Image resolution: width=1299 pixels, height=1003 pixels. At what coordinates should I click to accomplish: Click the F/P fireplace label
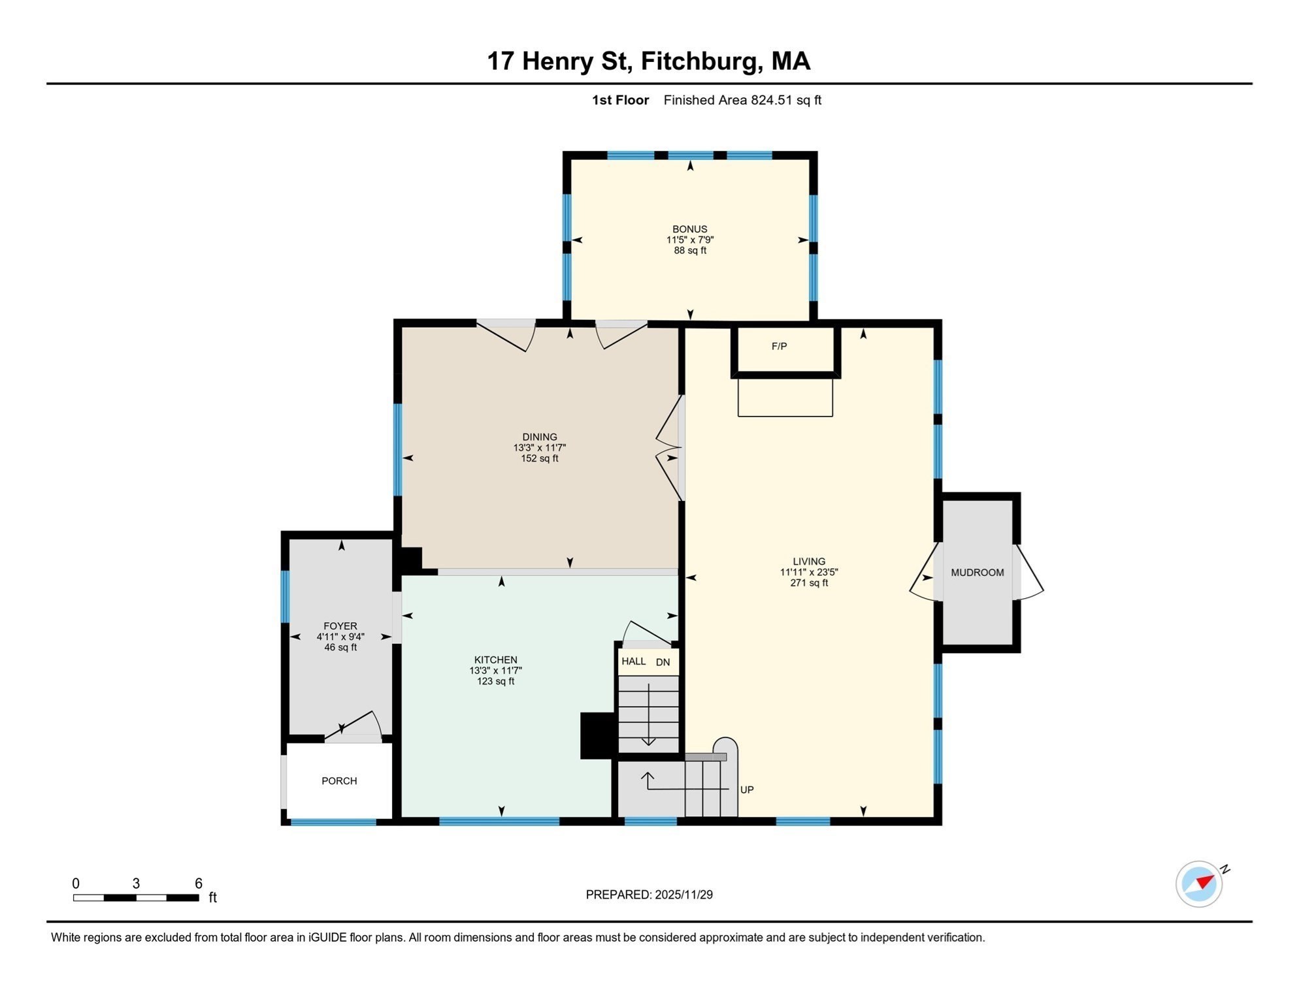779,347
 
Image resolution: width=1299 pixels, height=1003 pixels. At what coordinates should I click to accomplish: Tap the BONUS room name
689,229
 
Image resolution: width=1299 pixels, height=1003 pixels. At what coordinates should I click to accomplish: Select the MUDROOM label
977,573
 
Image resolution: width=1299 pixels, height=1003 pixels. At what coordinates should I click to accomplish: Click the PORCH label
339,781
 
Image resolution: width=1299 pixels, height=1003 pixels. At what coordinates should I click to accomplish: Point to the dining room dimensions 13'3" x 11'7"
539,448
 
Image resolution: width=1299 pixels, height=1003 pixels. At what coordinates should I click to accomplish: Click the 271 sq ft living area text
808,583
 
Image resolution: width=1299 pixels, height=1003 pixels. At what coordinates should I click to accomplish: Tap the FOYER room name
340,626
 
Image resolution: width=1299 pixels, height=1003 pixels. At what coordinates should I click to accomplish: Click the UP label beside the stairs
747,790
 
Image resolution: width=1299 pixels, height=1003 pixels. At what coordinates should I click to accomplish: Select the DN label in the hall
663,662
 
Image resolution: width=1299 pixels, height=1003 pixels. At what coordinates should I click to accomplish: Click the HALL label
633,661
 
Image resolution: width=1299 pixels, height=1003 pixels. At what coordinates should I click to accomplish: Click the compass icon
1198,884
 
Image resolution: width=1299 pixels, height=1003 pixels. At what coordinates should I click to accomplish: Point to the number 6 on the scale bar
199,884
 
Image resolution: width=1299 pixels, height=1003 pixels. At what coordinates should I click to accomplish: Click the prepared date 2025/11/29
683,895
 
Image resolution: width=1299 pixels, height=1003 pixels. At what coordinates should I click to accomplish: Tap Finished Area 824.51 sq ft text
742,101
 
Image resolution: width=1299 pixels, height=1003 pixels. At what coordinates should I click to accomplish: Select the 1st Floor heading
620,101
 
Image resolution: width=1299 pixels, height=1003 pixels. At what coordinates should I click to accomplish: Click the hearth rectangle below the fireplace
785,398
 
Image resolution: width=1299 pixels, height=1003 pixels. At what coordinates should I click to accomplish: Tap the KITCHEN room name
495,660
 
